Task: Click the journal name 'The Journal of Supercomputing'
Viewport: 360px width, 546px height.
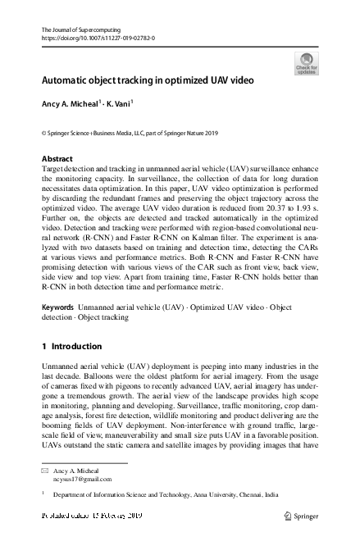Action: click(75, 30)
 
